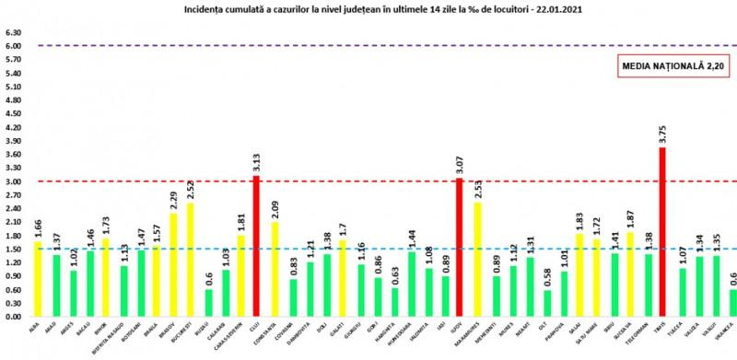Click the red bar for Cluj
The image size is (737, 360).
(x=257, y=246)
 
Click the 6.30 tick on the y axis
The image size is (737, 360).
(x=13, y=33)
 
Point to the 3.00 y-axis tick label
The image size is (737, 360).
(x=13, y=181)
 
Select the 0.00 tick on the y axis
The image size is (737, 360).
(x=13, y=316)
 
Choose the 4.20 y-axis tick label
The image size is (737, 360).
(x=13, y=128)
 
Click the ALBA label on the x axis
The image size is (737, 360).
(x=36, y=326)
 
